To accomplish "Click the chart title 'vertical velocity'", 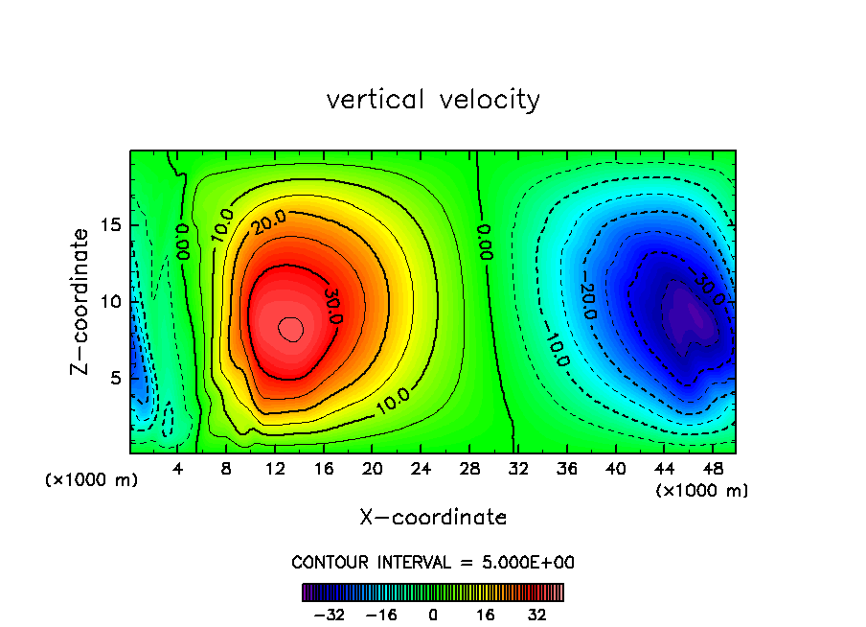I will [x=433, y=99].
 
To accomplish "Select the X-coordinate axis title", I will [x=433, y=517].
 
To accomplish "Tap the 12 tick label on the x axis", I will [x=275, y=469].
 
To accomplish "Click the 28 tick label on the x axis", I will [x=469, y=469].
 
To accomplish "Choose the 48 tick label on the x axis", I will [x=713, y=469].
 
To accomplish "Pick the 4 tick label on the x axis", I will [x=178, y=469].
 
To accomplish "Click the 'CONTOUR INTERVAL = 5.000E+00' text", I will [x=433, y=562].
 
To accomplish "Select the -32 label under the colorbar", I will [x=329, y=615].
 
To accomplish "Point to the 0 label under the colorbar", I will [x=433, y=615].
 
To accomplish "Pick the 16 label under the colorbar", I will [x=486, y=615].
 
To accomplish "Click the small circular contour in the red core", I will [x=291, y=329].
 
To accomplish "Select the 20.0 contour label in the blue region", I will [x=588, y=300].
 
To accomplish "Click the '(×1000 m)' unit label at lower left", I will [x=91, y=479].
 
